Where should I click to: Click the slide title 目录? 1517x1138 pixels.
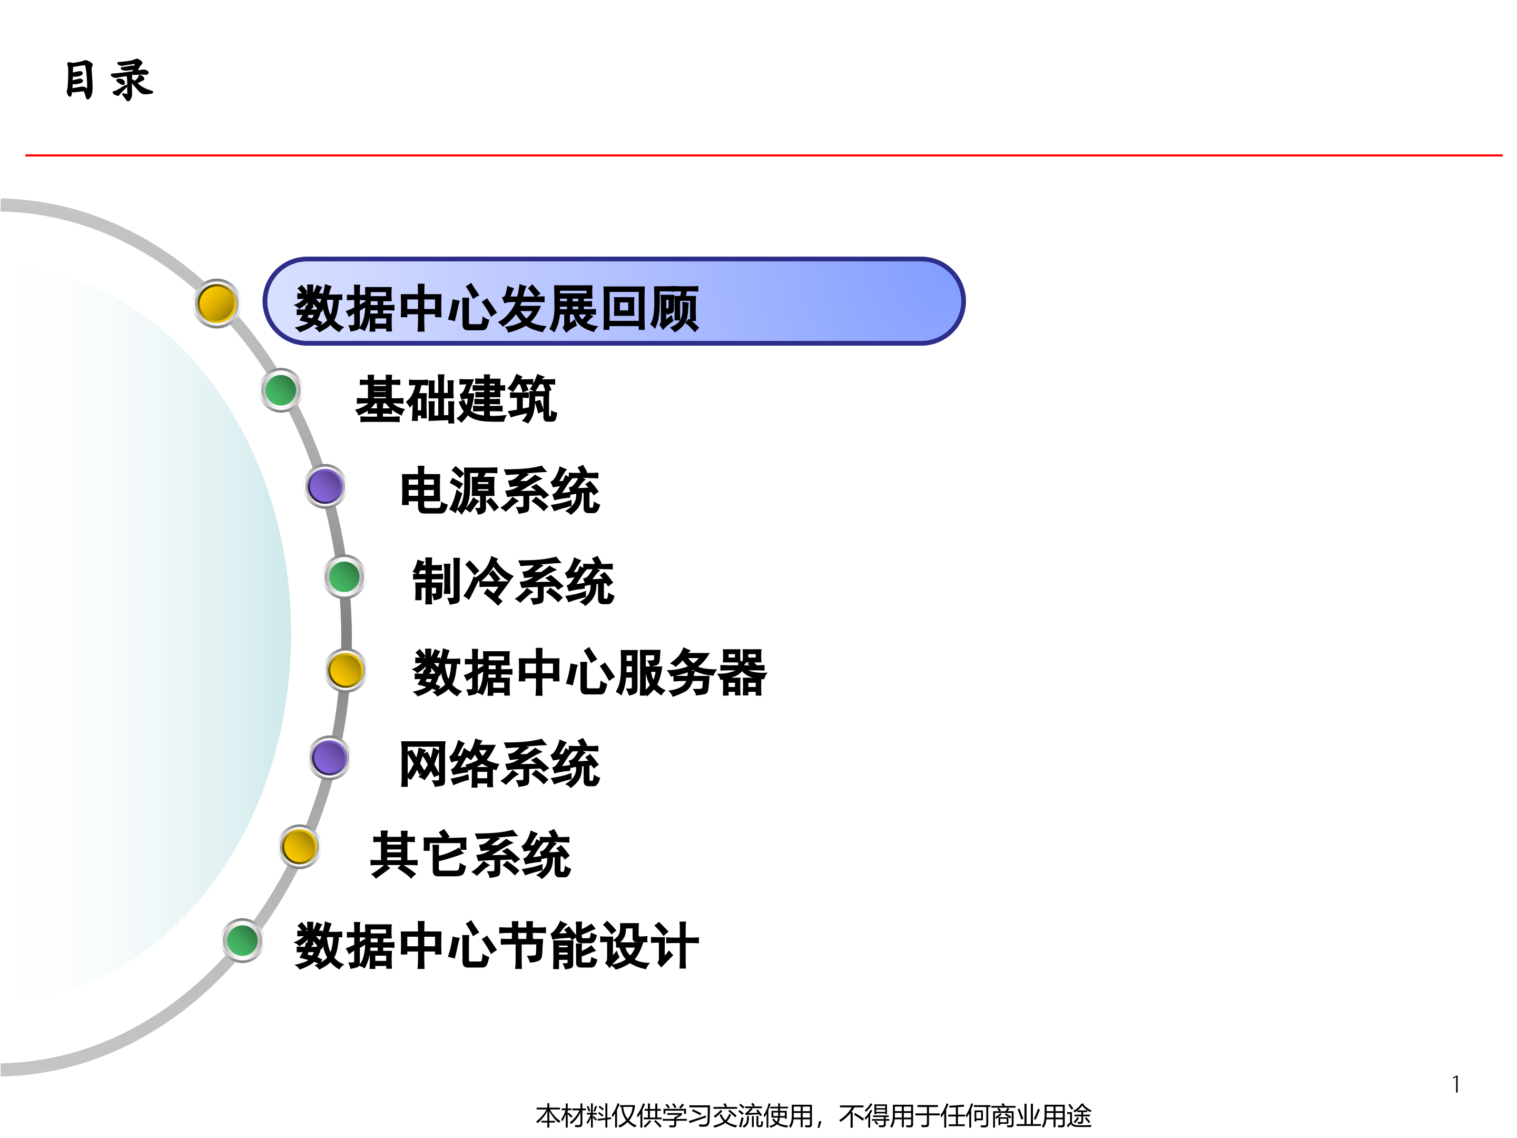109,80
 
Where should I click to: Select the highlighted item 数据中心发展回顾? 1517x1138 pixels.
497,308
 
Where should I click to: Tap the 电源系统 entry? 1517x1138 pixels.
500,490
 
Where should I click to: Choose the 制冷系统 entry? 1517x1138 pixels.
513,581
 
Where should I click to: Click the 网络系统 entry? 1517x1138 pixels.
499,763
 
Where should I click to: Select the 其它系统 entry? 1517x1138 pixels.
470,854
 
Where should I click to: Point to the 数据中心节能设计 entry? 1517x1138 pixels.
497,945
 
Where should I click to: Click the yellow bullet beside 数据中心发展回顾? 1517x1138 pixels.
216,303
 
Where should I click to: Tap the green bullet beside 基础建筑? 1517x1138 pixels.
281,390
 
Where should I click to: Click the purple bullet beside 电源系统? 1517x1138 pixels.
325,486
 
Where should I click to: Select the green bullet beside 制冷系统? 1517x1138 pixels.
344,576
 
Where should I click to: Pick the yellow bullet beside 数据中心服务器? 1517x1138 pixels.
346,670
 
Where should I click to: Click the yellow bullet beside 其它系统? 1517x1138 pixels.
300,847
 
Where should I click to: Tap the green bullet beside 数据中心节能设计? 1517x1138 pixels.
243,940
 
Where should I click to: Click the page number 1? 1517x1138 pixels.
1455,1084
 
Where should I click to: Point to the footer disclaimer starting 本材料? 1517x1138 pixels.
813,1116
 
